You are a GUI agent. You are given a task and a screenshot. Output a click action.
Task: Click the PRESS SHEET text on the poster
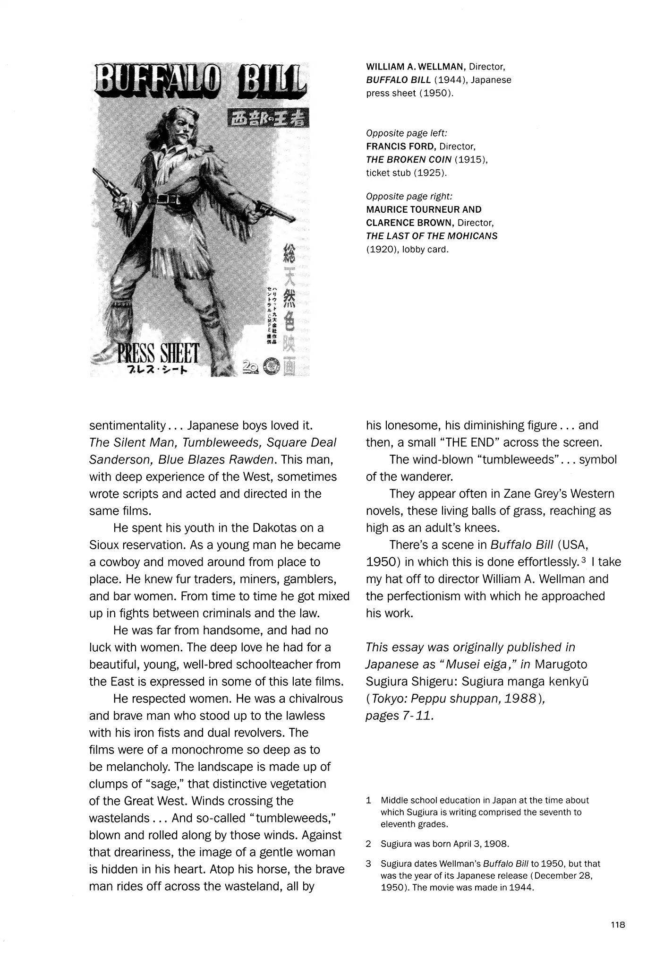pos(159,353)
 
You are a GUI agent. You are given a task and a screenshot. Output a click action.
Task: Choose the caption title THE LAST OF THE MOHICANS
pos(432,236)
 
